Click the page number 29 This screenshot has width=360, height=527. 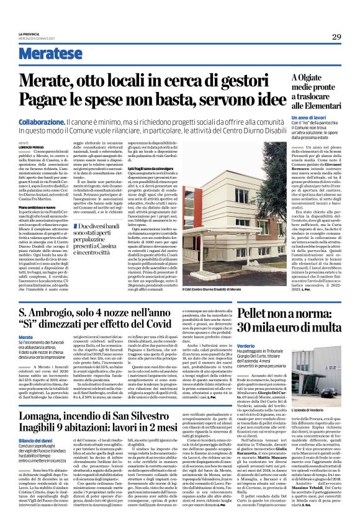pyautogui.click(x=336, y=36)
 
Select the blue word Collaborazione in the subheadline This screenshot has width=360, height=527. pyautogui.click(x=40, y=124)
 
